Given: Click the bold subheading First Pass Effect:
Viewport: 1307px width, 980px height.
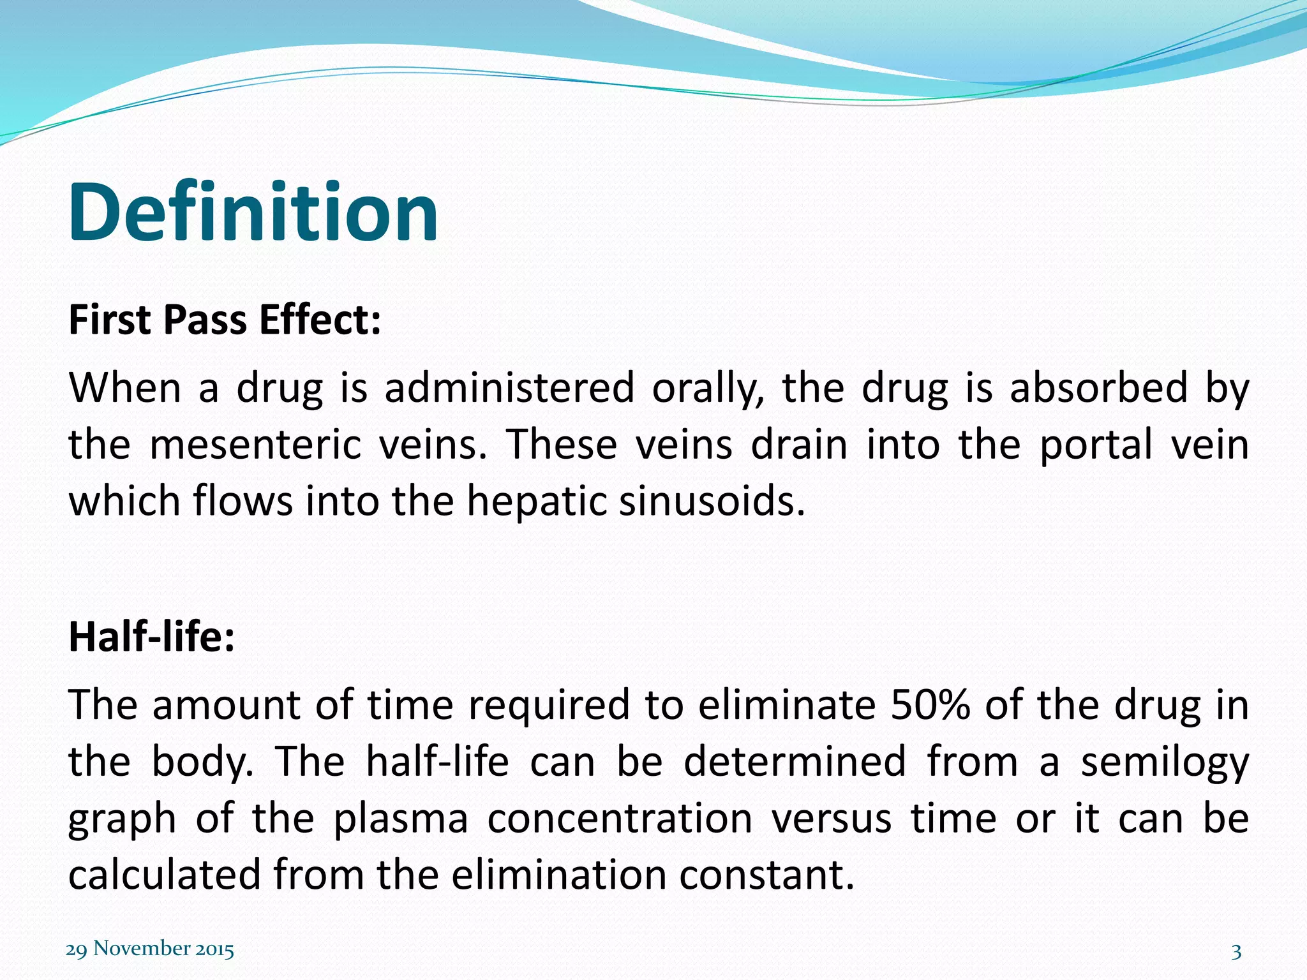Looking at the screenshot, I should click(225, 320).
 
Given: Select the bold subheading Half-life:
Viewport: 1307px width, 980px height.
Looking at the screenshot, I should click(152, 636).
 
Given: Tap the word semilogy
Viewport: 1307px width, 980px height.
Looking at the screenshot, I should click(1164, 762).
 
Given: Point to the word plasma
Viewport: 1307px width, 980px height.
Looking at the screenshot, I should click(401, 819).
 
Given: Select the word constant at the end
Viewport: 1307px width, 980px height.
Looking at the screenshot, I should click(766, 875).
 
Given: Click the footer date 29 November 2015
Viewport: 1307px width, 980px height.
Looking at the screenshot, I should click(150, 949).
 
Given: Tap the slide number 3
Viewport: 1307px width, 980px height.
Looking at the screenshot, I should click(1236, 952).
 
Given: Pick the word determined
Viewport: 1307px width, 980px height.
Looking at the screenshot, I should click(795, 762).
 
